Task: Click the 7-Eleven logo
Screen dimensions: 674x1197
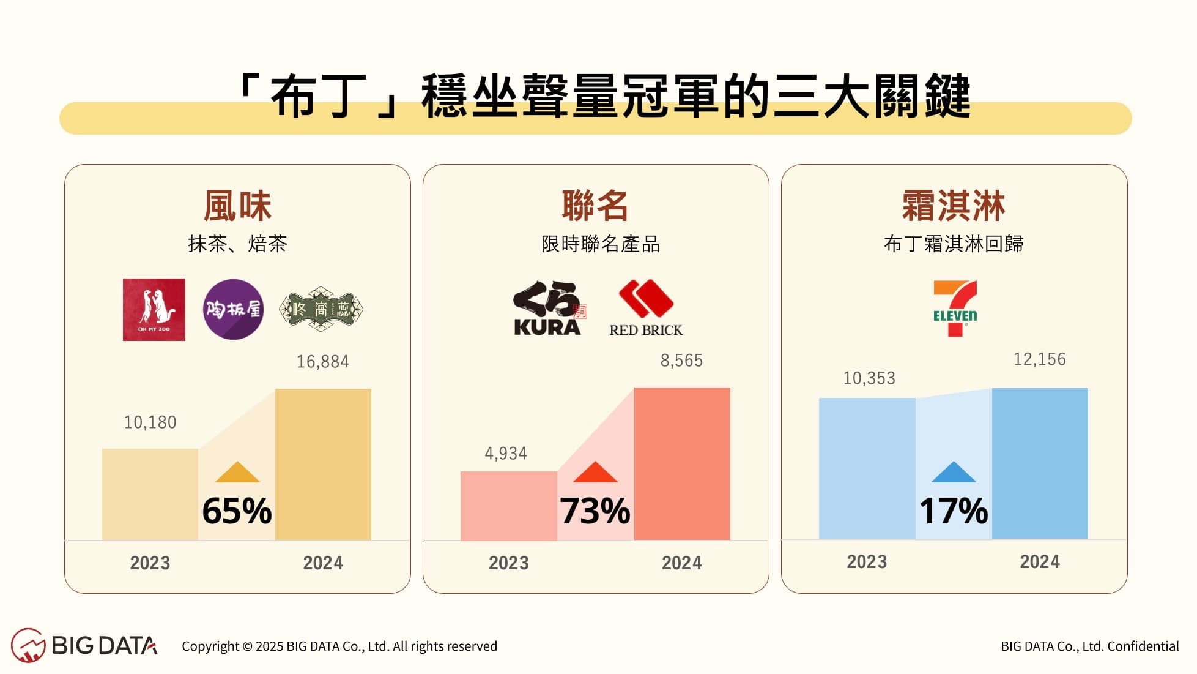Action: coord(954,309)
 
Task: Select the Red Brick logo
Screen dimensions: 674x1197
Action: coord(646,309)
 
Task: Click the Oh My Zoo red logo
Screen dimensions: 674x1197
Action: coord(154,310)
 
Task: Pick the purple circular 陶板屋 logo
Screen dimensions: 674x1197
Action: coord(233,309)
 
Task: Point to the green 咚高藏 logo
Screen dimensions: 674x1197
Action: coord(321,309)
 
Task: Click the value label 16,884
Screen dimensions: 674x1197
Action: coord(323,362)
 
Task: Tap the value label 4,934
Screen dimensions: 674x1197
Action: coord(505,454)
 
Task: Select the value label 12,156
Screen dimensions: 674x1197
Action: coord(1039,359)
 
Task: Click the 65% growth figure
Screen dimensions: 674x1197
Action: coord(237,511)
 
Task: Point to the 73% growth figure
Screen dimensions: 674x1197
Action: coord(595,511)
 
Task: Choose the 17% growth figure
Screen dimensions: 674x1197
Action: coord(954,511)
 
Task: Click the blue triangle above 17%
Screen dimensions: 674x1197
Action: coord(954,473)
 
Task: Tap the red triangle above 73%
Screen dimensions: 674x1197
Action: coord(595,473)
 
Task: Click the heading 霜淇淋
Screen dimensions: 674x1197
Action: coord(954,206)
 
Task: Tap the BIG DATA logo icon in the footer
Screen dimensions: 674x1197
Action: coord(28,645)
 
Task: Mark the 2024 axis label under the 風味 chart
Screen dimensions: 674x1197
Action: coord(323,563)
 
